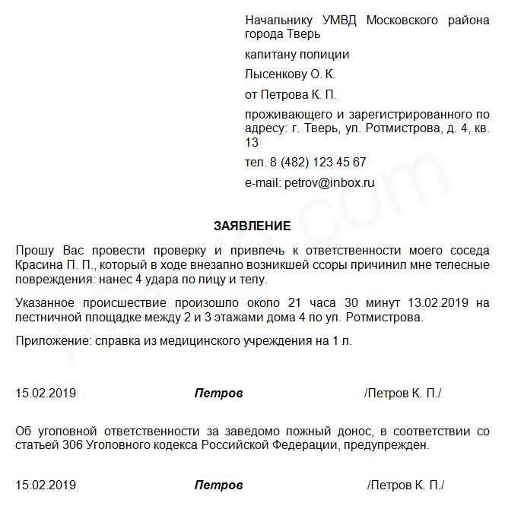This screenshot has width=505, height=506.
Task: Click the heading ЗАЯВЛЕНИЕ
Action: tap(252, 226)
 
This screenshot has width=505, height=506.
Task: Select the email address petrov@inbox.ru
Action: tap(329, 182)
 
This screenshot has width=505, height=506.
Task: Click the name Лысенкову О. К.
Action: tap(290, 74)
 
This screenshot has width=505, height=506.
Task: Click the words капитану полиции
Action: tap(297, 55)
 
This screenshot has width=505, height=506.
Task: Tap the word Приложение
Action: tap(50, 342)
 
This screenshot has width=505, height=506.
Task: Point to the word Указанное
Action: tap(47, 303)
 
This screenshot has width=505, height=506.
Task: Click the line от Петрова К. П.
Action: tap(291, 95)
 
